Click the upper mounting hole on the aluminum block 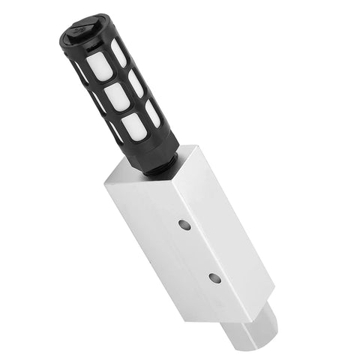[184, 224]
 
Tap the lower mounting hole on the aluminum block [214, 277]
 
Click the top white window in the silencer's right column [119, 52]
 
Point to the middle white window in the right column [136, 82]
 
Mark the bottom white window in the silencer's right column [152, 112]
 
